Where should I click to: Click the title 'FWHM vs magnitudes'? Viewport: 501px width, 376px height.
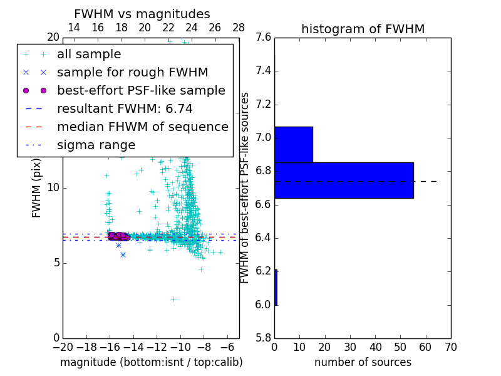click(142, 14)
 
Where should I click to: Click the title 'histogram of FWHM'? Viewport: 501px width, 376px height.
click(363, 29)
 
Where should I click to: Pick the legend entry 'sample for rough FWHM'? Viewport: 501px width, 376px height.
click(133, 72)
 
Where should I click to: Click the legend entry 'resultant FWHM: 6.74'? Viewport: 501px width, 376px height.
click(125, 108)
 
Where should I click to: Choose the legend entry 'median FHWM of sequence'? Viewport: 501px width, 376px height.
click(142, 127)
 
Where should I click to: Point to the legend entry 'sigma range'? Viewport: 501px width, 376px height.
click(96, 145)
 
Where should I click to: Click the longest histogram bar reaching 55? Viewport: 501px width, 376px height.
click(344, 180)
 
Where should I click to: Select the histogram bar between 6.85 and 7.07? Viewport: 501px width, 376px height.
click(293, 144)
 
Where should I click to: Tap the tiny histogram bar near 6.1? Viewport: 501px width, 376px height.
click(276, 288)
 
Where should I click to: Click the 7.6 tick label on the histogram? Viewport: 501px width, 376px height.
click(263, 38)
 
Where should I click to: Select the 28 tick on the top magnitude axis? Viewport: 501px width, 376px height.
click(239, 28)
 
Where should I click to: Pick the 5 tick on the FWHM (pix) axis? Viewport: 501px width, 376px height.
click(55, 263)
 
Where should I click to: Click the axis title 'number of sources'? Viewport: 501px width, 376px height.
click(363, 362)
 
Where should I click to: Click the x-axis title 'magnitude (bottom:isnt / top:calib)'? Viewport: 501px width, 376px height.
click(151, 362)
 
